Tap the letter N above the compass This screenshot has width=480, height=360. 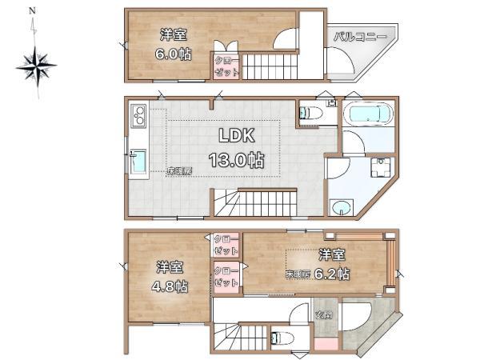click(x=32, y=11)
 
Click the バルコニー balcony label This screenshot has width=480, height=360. click(x=360, y=37)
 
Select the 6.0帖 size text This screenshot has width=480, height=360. click(x=173, y=54)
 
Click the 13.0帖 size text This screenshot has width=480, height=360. click(x=236, y=159)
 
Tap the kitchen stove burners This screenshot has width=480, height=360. click(x=136, y=118)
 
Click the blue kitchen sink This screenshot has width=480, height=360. click(x=137, y=162)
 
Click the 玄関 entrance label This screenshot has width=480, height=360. click(x=324, y=314)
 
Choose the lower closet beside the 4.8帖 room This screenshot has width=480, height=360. click(x=225, y=277)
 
